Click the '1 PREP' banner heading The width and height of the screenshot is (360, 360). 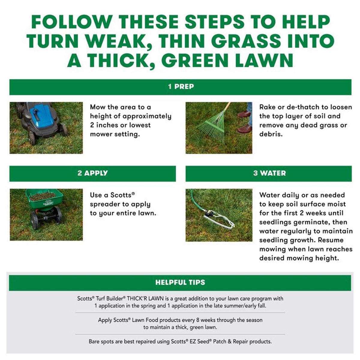point(181,87)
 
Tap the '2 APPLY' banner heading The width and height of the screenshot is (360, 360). point(92,173)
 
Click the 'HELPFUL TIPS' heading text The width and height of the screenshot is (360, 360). point(180,282)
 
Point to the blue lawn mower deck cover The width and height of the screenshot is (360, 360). point(41,117)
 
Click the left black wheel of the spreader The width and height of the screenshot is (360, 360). point(34,220)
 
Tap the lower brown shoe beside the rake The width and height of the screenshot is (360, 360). point(244,129)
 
